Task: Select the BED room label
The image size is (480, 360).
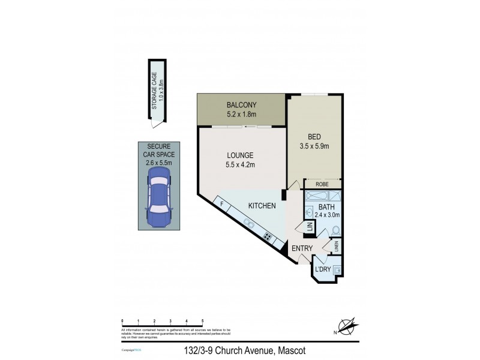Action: coord(314,136)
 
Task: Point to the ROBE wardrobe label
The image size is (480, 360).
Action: coord(323,185)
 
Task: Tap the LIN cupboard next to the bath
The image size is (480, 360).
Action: coord(310,227)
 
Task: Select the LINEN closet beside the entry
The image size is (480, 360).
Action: coord(337,246)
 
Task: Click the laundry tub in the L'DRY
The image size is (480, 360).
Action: coord(337,269)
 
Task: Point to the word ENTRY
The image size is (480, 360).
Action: coord(302,248)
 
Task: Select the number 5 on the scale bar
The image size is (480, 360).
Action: coord(203,321)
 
